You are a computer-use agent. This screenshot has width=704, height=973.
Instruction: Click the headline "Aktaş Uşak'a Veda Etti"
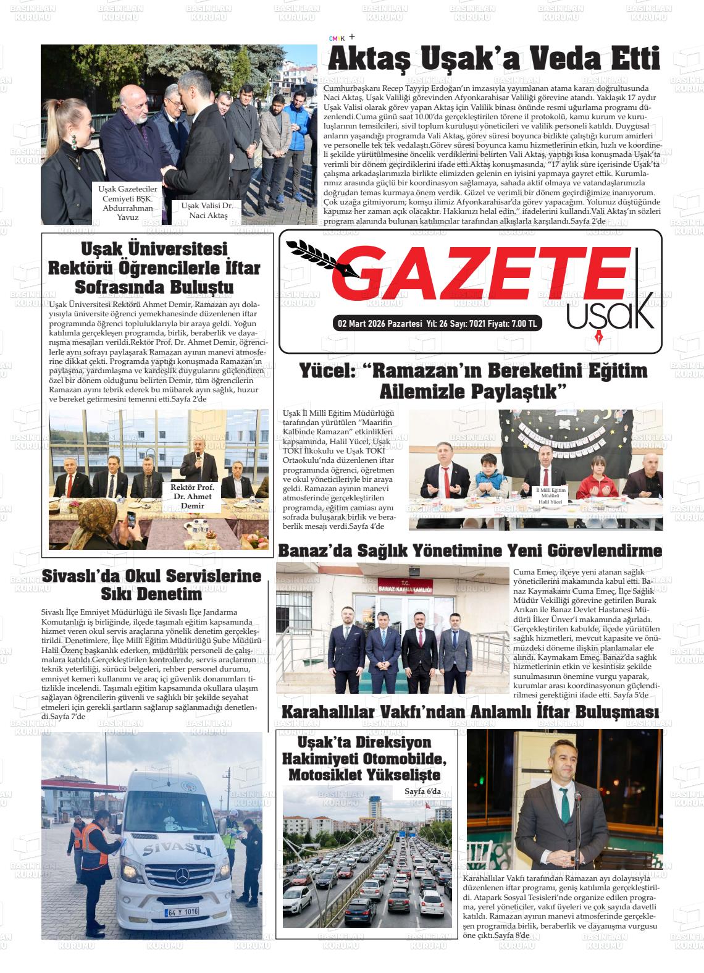493,60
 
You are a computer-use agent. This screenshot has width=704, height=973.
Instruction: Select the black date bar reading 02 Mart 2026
437,324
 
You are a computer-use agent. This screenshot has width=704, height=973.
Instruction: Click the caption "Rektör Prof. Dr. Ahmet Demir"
192,497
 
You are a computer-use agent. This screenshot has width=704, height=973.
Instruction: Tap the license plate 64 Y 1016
182,911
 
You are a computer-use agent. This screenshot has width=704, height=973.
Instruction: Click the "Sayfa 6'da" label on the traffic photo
422,791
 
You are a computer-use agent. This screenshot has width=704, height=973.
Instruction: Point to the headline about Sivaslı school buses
151,585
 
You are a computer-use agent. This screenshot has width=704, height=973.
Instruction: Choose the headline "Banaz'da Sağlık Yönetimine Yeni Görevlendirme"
470,550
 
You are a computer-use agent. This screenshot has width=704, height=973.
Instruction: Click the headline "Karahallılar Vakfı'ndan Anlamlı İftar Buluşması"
469,712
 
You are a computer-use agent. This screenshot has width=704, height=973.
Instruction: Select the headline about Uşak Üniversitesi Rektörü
154,268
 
